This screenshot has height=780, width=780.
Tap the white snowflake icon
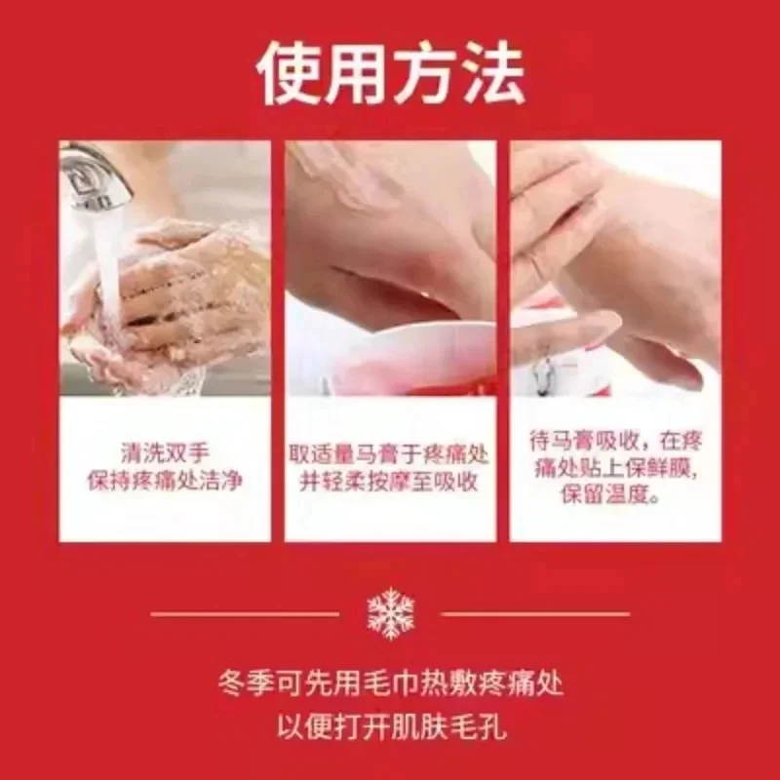click(x=391, y=613)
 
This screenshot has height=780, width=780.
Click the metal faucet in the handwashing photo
click(x=96, y=175)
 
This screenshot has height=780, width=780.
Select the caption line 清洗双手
click(x=165, y=452)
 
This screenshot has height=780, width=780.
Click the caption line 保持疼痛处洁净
click(x=165, y=481)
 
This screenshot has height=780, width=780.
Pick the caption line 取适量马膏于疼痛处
click(x=389, y=453)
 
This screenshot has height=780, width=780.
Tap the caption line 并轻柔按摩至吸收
click(x=389, y=482)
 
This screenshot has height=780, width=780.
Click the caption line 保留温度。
click(x=611, y=495)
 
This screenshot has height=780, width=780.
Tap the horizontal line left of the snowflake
click(x=245, y=614)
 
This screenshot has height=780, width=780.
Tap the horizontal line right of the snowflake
click(x=535, y=614)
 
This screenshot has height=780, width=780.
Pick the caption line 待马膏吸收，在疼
click(x=615, y=442)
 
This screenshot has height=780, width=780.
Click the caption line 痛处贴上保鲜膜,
click(x=615, y=468)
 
